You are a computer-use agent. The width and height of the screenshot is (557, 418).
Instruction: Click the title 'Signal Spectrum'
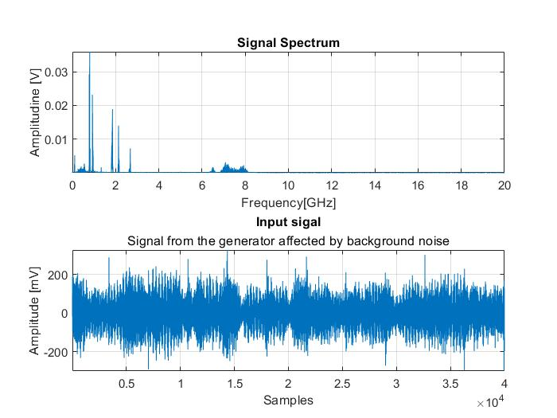point(288,43)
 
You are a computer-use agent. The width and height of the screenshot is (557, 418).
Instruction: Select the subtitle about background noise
point(288,241)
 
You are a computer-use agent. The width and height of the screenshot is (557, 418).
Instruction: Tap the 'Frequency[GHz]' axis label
point(288,202)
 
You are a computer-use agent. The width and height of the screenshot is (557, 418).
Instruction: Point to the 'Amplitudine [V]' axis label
point(35,111)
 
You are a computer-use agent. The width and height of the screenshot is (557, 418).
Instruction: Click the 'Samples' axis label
point(288,400)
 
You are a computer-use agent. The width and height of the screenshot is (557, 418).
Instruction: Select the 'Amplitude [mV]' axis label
point(35,310)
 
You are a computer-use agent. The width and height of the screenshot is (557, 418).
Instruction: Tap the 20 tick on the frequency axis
point(504,186)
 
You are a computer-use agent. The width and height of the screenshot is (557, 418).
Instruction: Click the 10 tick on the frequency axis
point(288,186)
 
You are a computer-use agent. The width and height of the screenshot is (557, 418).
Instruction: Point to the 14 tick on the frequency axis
point(374,186)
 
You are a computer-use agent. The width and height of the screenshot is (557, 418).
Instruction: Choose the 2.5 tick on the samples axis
point(342,383)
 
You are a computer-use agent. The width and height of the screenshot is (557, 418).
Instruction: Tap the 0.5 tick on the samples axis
point(127,383)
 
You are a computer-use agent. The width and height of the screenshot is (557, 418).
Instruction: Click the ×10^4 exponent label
point(491,404)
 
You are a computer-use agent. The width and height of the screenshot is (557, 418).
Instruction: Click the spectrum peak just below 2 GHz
point(113,111)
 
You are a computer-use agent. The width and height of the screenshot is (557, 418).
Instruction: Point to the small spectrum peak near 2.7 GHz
point(130,150)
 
